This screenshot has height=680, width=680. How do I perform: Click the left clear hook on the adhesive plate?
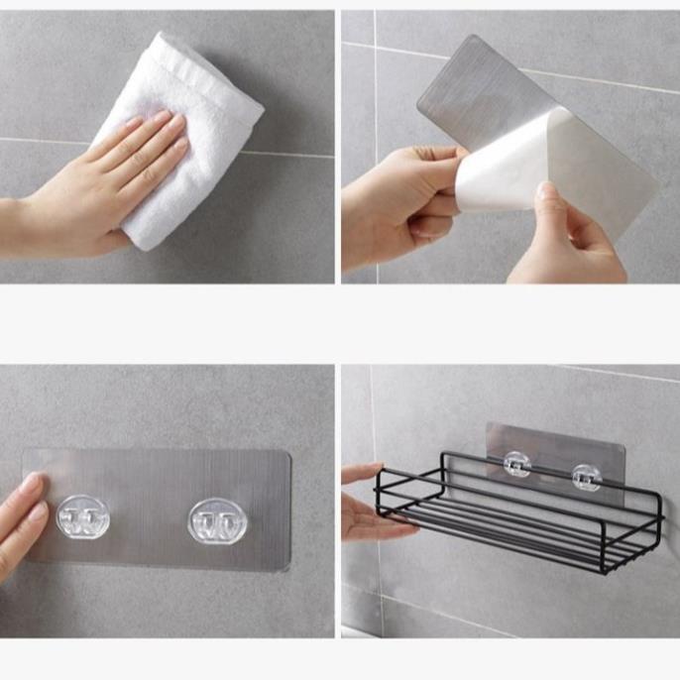coord(81,516)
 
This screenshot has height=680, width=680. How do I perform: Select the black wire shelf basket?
coord(515,515)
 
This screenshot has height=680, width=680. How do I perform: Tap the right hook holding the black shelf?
coord(585,476)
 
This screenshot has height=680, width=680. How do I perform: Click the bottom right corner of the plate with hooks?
coord(288,567)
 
